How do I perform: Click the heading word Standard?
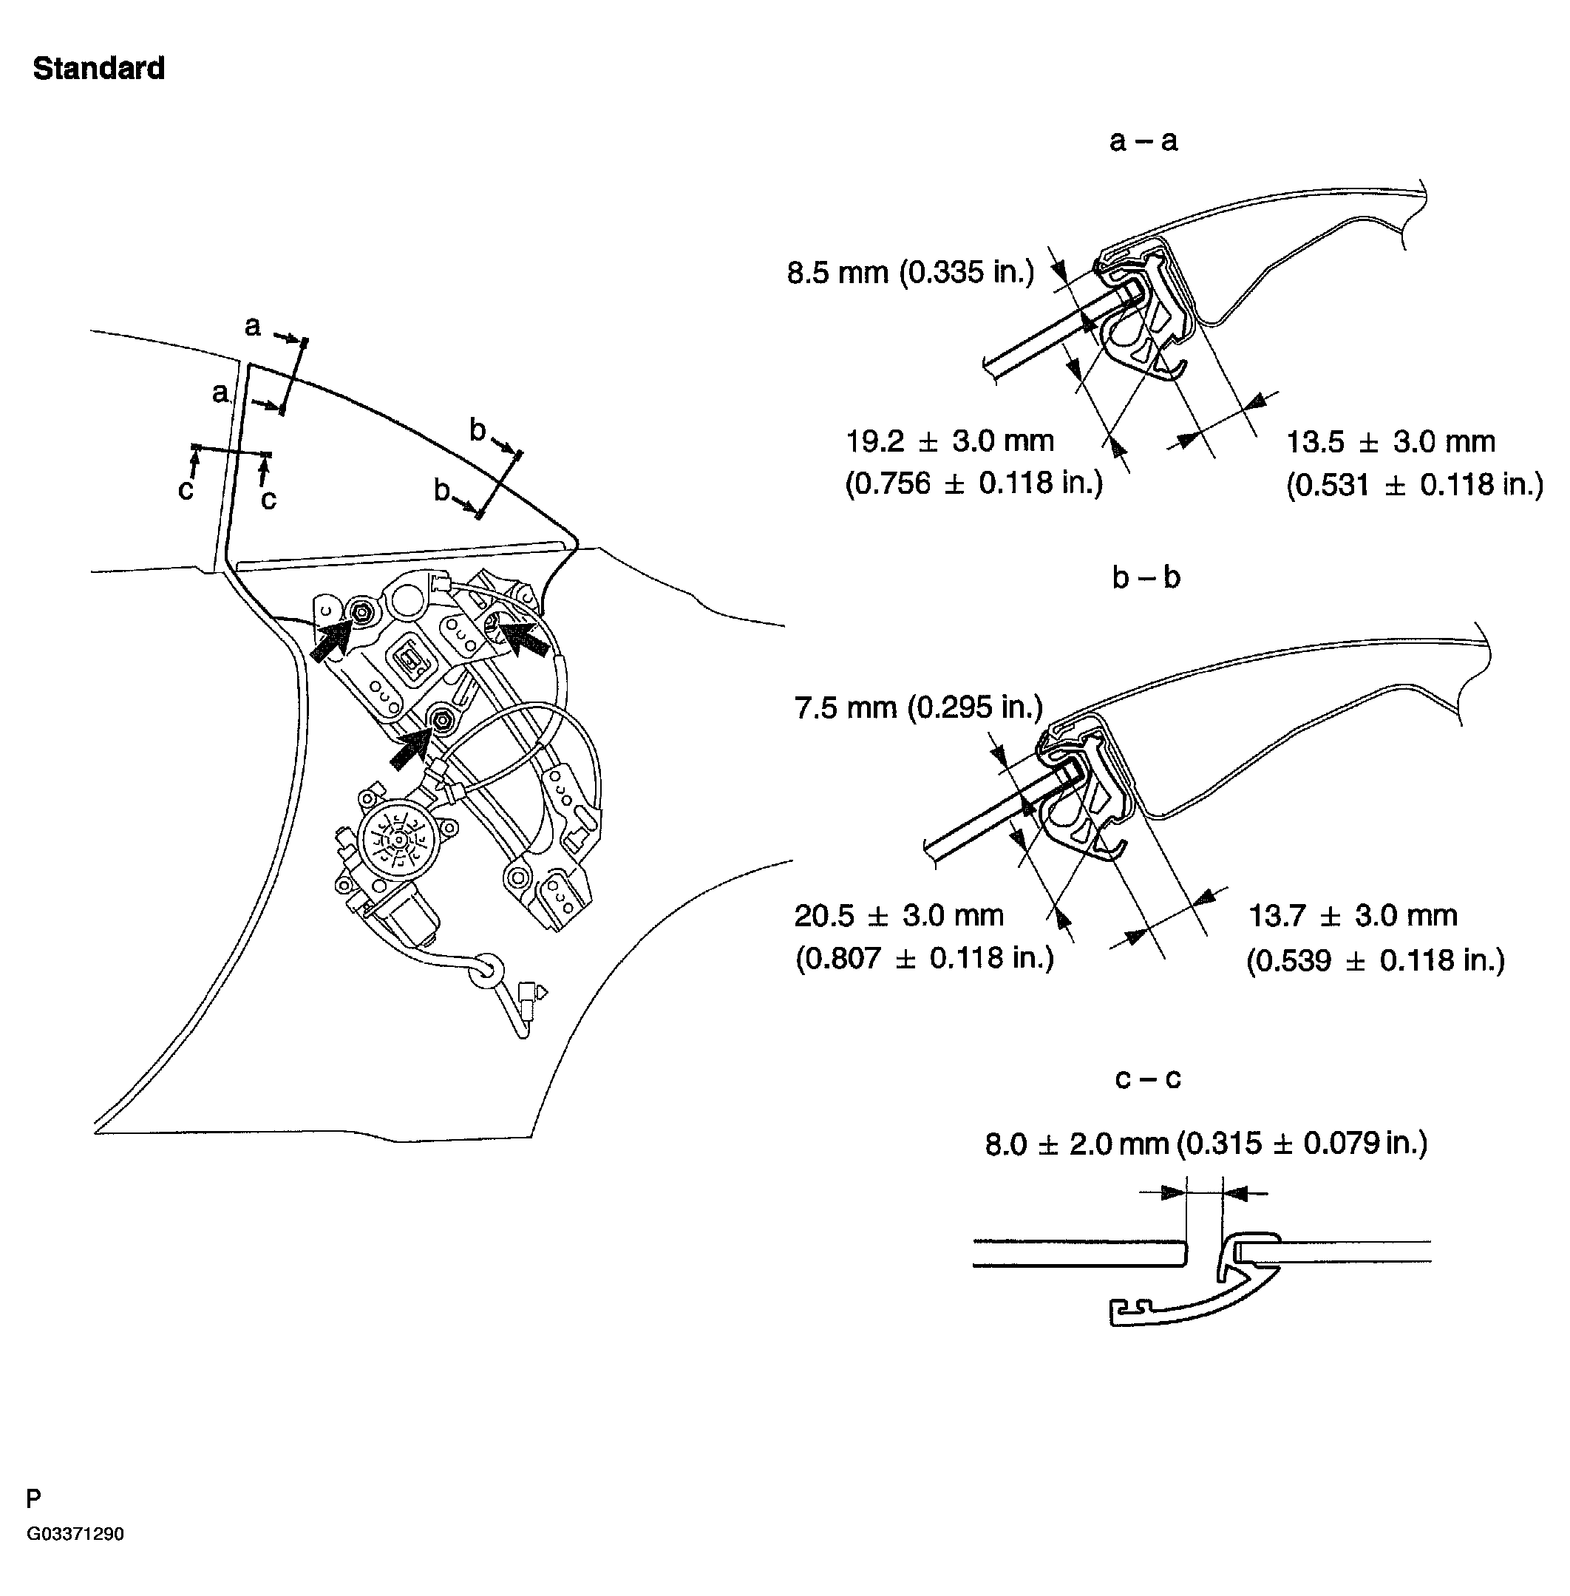98,69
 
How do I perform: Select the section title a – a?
1143,141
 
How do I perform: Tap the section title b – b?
1146,577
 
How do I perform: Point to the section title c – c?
1148,1078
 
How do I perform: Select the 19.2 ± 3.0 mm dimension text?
950,441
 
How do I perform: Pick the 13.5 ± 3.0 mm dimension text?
1390,442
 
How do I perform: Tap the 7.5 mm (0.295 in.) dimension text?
919,707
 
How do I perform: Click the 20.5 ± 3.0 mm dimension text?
899,915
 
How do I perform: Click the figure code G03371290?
75,1534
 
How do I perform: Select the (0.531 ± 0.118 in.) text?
1414,484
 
